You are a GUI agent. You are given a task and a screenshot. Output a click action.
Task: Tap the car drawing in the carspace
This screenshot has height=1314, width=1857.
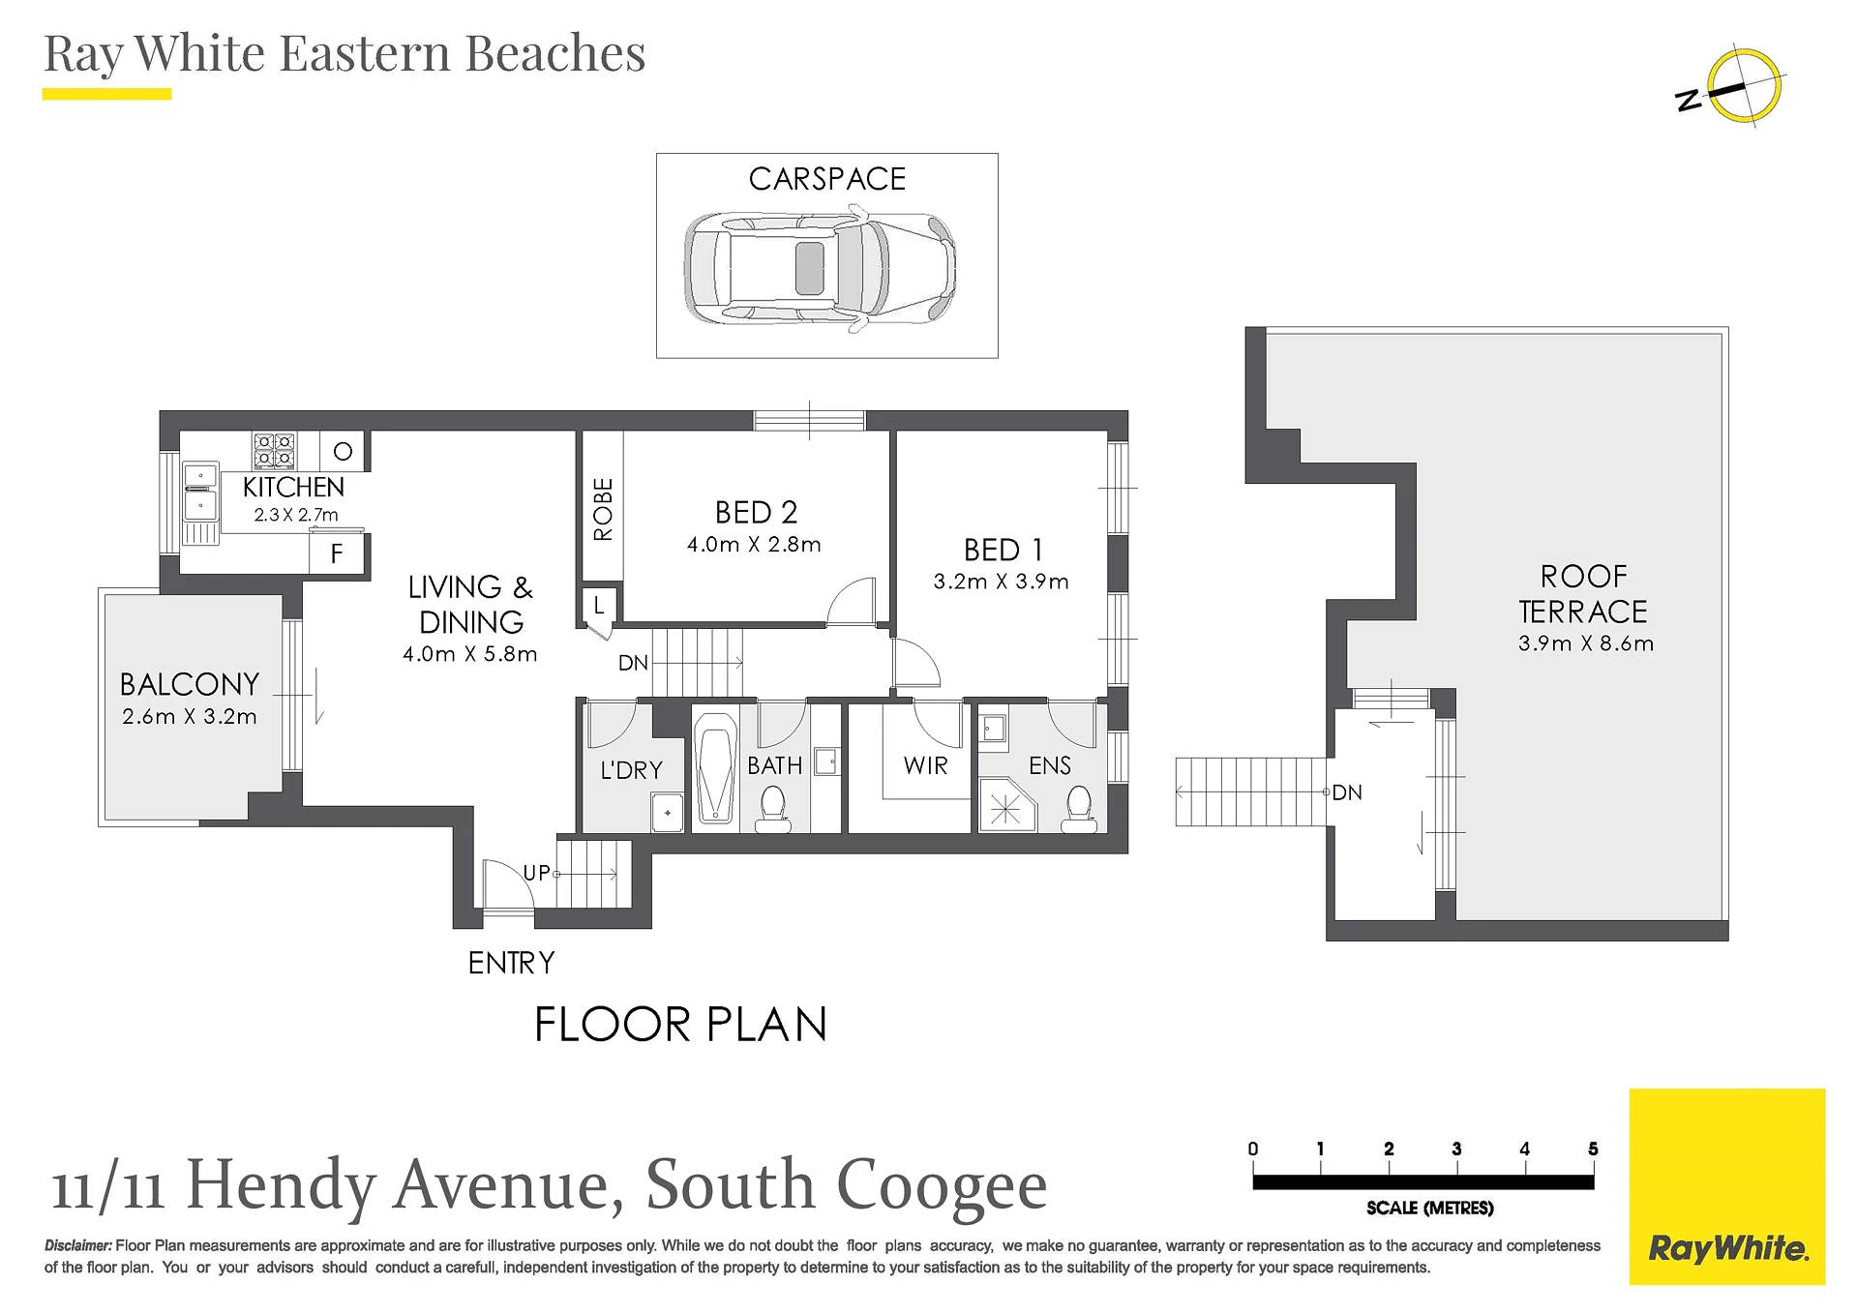pos(820,269)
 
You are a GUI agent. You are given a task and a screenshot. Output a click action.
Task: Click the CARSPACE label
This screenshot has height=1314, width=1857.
pos(827,179)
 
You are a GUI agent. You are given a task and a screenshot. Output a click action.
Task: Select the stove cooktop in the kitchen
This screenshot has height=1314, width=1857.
pos(274,451)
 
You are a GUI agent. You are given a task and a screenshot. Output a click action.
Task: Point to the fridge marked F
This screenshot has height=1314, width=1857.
pos(337,553)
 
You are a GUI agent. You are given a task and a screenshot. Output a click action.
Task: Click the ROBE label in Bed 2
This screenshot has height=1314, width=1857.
pos(603,509)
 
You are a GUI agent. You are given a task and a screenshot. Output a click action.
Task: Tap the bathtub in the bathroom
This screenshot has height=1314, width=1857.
pos(715,768)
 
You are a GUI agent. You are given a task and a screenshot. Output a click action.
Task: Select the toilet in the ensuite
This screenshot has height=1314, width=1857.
pos(1079,810)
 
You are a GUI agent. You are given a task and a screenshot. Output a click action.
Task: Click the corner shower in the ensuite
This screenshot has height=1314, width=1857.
pos(1006,806)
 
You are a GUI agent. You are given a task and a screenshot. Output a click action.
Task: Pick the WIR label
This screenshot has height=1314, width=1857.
pos(925,765)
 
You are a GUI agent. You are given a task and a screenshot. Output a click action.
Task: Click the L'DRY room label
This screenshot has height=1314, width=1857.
pos(632,770)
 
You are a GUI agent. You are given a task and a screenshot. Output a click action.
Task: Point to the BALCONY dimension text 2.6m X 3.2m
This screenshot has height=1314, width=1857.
pos(190,717)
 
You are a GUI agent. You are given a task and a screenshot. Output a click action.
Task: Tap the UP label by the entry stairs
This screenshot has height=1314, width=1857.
pos(536,873)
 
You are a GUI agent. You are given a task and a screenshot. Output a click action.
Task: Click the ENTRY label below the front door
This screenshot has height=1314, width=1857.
pos(512,963)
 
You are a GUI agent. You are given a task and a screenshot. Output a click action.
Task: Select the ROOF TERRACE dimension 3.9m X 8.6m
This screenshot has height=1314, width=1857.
pos(1586,643)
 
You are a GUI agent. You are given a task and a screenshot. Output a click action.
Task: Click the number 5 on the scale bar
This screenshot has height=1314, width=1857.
pos(1593,1149)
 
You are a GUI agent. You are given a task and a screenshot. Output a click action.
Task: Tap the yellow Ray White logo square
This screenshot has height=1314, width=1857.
pos(1727,1186)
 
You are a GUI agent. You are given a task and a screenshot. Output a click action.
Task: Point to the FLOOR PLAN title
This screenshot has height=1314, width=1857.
pos(681,1025)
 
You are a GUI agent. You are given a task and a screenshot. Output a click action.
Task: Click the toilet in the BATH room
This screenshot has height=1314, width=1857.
pos(772,809)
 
